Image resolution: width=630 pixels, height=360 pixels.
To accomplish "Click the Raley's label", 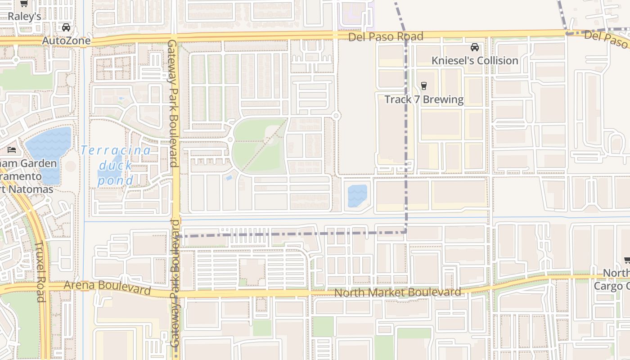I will click(24, 17).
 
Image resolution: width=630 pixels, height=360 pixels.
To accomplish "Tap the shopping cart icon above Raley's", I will click(24, 4).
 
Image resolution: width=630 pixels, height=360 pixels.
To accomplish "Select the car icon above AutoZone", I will click(66, 27).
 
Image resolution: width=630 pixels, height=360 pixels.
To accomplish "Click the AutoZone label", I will click(66, 41).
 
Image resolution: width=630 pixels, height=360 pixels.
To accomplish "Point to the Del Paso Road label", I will click(386, 36).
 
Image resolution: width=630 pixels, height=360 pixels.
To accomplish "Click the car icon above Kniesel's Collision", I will click(474, 47).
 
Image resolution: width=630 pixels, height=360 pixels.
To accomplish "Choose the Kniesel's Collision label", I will click(475, 60).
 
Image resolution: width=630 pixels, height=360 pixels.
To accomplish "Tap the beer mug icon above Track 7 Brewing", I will click(423, 85).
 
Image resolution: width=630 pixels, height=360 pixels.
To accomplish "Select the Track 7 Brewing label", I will click(424, 99).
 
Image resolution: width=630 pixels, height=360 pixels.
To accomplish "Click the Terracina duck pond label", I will click(116, 165).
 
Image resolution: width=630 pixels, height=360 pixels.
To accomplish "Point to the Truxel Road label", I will click(40, 272).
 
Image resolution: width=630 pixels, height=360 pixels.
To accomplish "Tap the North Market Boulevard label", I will click(397, 292).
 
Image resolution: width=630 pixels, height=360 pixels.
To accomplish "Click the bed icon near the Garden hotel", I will click(12, 149).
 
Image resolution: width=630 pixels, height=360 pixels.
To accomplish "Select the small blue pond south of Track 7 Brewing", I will click(357, 196).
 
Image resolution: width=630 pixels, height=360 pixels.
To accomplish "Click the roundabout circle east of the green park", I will click(337, 116).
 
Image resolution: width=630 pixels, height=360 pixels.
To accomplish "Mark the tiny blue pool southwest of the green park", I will click(229, 178).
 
